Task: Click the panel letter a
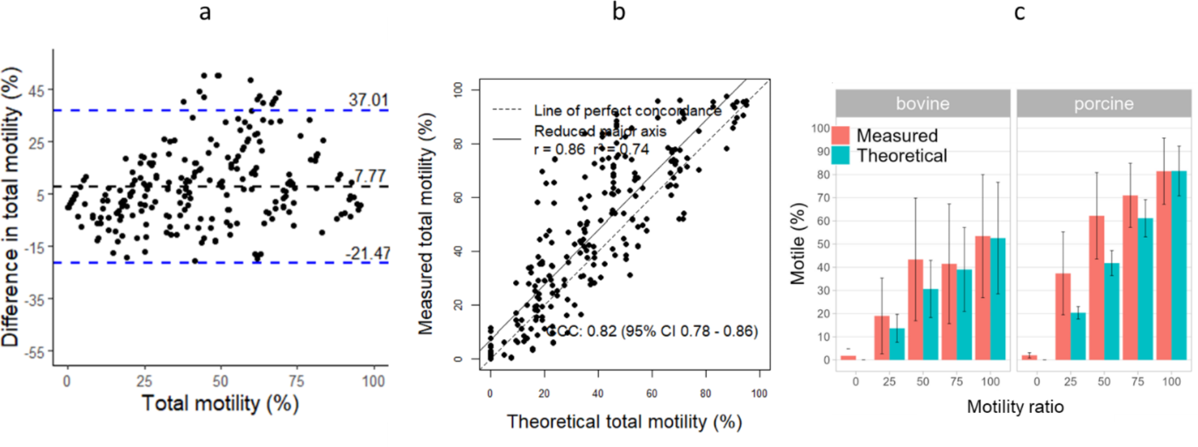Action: [205, 12]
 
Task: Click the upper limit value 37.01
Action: [368, 99]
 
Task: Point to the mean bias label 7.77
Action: [370, 176]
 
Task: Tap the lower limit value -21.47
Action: [368, 254]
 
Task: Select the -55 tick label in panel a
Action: [34, 353]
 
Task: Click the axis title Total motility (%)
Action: [220, 403]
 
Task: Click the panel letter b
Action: [619, 12]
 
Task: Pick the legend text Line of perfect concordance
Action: [627, 110]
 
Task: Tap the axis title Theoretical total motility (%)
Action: [624, 422]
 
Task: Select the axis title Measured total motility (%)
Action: [425, 224]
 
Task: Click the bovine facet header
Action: [922, 104]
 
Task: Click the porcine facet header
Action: [1104, 104]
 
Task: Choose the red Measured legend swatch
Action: [840, 135]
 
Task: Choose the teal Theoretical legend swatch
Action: [840, 156]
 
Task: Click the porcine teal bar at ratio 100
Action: [1178, 266]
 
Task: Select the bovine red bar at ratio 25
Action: [882, 338]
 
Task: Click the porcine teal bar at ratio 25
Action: [1077, 336]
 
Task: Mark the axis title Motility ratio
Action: [1015, 407]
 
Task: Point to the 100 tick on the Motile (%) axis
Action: [820, 128]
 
